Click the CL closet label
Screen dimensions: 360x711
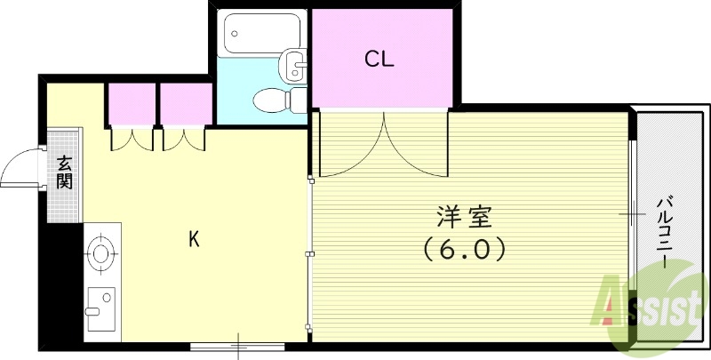[379, 60]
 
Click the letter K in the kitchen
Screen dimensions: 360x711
[193, 238]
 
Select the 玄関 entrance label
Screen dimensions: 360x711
[65, 172]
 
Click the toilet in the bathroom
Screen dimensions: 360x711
[276, 101]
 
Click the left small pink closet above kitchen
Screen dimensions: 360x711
[132, 104]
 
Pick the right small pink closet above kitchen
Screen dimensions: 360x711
[185, 104]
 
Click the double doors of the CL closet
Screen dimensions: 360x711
[385, 142]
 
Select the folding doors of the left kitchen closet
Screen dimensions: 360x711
[132, 140]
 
